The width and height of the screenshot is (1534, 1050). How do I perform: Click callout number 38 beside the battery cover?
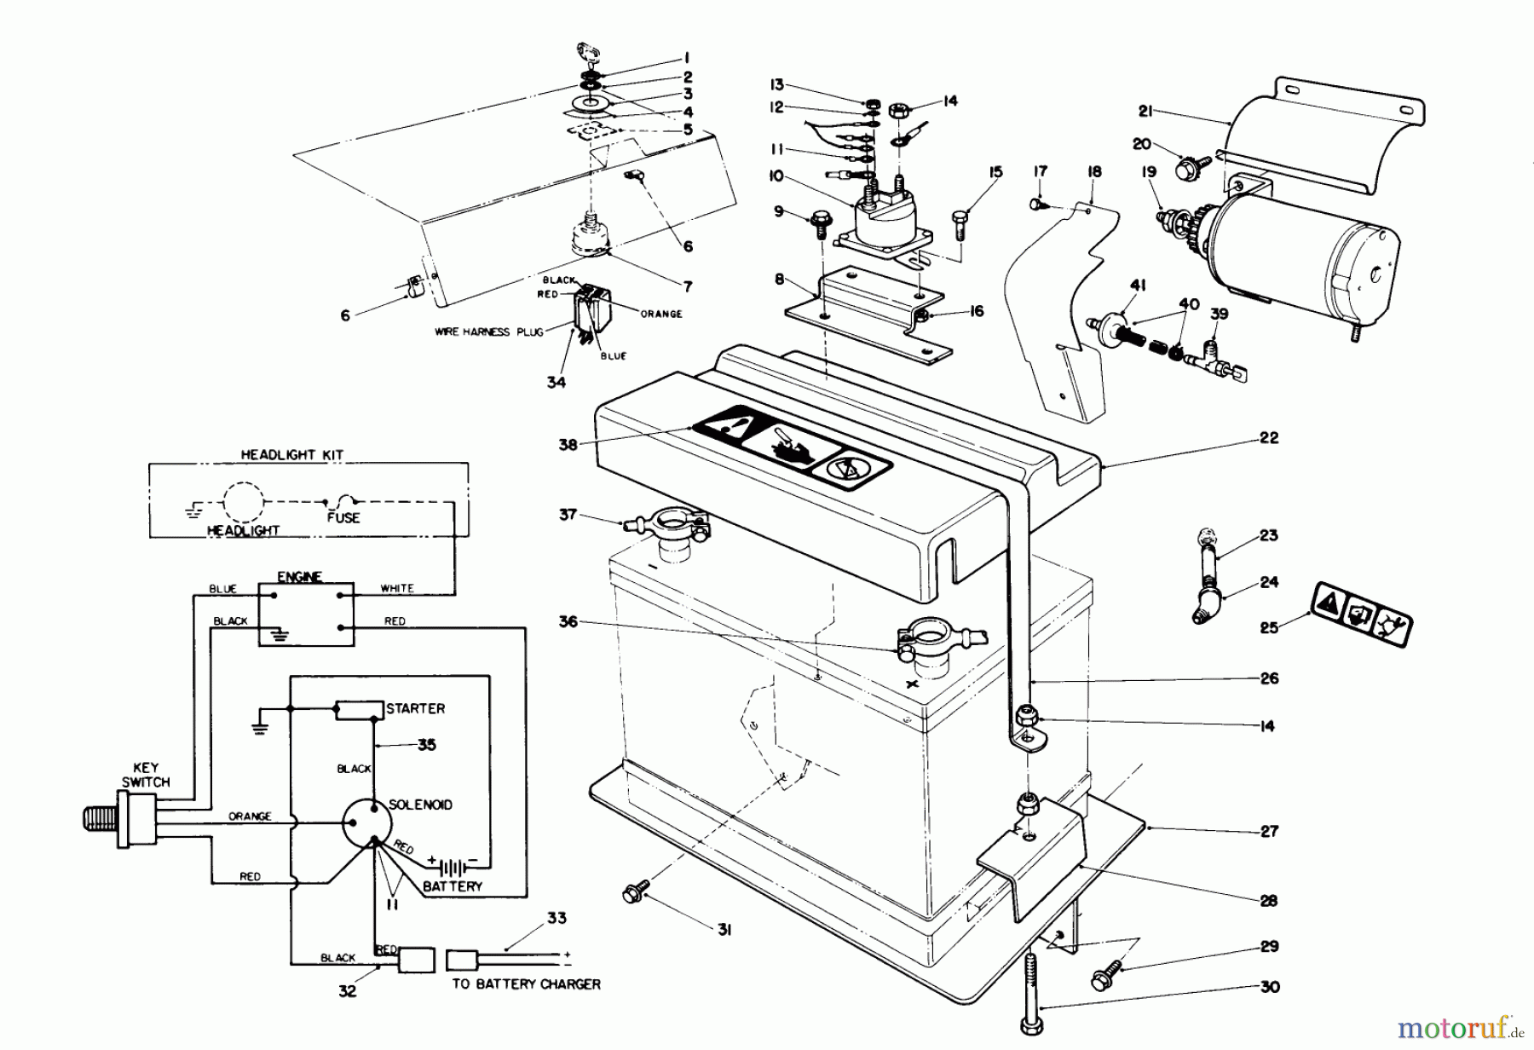568,444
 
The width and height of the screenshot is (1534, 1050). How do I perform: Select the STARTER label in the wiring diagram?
415,708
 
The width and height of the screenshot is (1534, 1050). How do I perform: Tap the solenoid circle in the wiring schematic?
366,823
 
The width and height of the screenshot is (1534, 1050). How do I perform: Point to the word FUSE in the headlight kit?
343,517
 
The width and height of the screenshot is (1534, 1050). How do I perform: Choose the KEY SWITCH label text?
146,775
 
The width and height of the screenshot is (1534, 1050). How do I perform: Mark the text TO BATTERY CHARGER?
526,984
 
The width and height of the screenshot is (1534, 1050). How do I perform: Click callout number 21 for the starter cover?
1146,111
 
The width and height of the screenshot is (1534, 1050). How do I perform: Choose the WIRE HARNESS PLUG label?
489,332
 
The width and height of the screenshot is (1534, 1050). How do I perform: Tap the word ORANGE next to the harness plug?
661,314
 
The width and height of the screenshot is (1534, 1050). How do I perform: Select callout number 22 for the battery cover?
1268,438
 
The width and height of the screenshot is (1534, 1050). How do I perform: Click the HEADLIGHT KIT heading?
291,455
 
